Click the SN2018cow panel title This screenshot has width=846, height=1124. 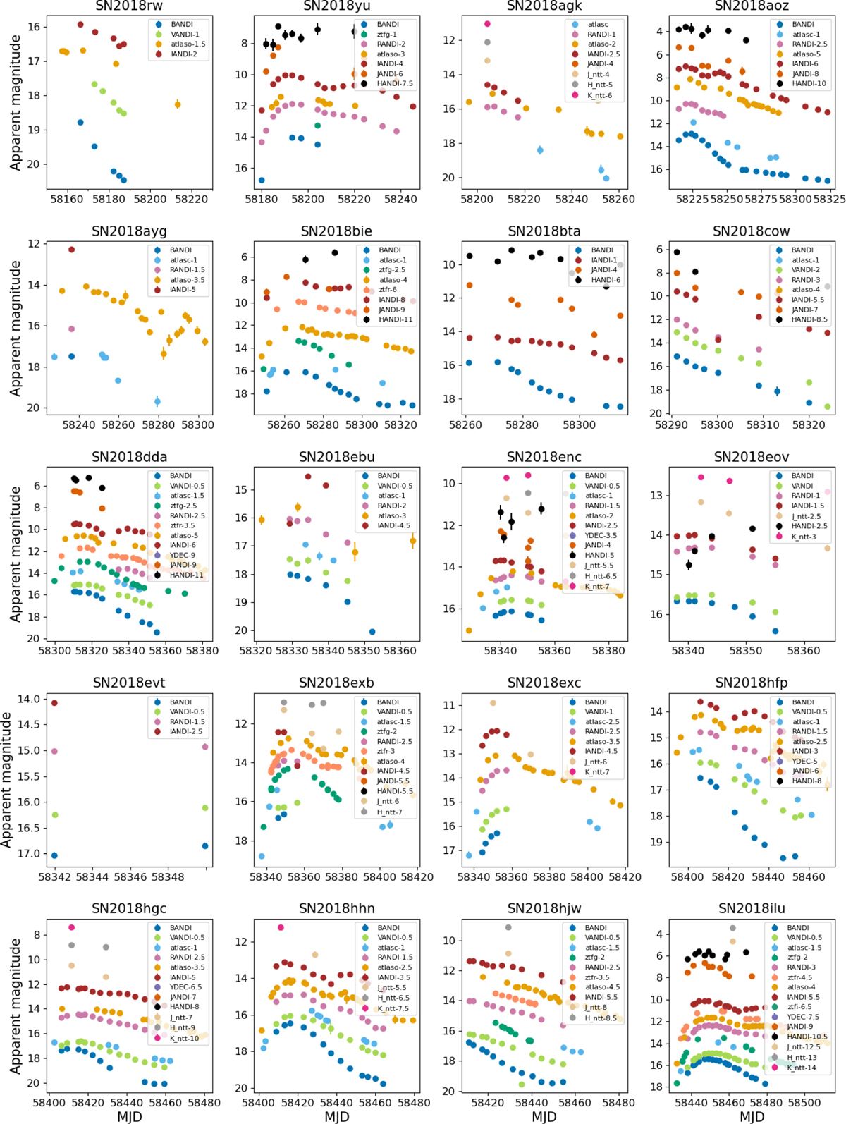(x=751, y=232)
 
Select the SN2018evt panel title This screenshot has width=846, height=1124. (x=129, y=683)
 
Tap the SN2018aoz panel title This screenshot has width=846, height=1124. (x=752, y=6)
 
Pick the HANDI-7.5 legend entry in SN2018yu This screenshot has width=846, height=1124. (x=396, y=84)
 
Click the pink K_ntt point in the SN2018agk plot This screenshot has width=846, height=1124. (x=487, y=24)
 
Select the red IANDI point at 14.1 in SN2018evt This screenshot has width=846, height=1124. (x=54, y=703)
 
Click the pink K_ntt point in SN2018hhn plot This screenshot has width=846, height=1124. (x=281, y=928)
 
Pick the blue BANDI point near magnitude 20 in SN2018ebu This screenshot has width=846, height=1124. (x=372, y=632)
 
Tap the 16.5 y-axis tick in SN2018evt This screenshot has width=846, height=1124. (x=25, y=828)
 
